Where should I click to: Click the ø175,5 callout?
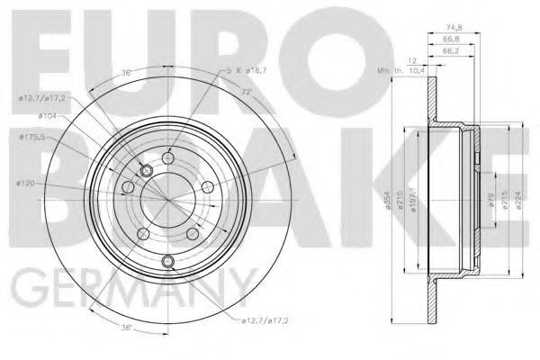33,137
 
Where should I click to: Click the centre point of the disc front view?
167,198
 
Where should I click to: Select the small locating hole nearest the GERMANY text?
167,262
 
